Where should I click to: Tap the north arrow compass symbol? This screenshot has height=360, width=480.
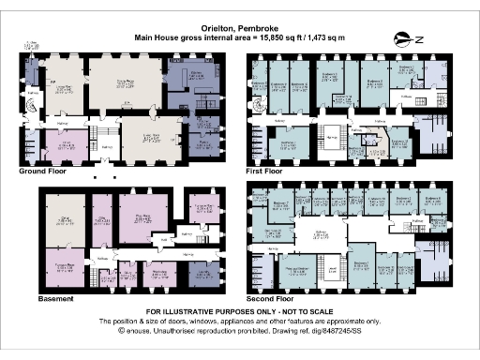(x=409, y=37)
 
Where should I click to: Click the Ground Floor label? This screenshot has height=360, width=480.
(x=43, y=172)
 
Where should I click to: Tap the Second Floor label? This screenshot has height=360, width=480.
(x=269, y=299)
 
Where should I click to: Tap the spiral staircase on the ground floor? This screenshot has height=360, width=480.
(x=35, y=106)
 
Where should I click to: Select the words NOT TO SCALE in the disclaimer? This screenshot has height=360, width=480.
(x=281, y=310)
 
